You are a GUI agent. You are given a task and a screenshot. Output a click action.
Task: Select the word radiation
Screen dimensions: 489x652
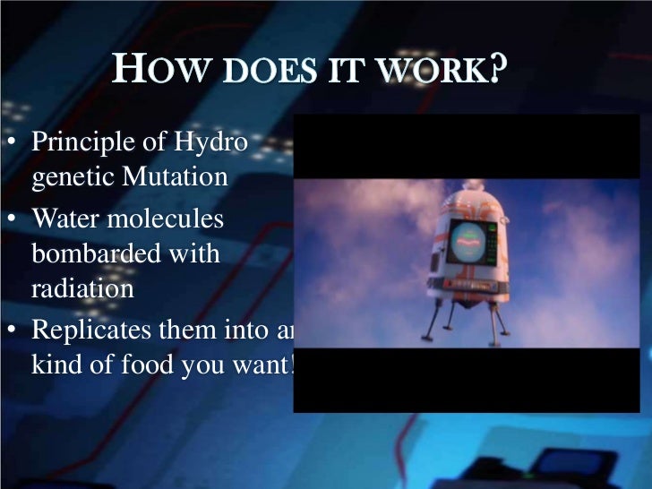(82, 288)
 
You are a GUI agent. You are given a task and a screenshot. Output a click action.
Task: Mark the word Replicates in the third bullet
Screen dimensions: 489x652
(90, 330)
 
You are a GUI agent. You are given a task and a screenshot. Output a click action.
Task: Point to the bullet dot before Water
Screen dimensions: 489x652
(13, 219)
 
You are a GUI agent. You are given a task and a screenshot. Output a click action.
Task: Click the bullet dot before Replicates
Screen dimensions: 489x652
(13, 330)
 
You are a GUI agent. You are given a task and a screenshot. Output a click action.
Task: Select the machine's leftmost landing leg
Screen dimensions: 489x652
(430, 322)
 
